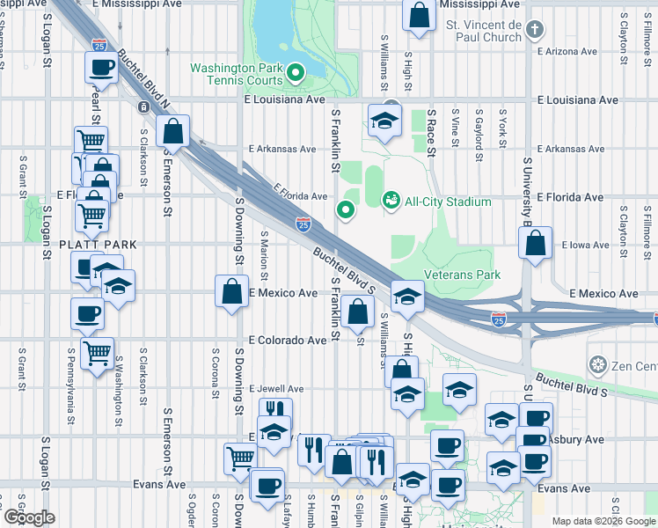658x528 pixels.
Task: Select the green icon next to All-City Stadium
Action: point(391,202)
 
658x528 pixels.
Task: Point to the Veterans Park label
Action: point(463,275)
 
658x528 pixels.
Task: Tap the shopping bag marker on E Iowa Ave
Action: point(535,242)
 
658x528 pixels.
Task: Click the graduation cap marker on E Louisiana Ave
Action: point(384,121)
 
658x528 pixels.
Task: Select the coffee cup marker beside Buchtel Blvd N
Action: point(101,67)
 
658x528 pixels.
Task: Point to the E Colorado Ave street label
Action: point(287,340)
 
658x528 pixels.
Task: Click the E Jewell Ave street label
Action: point(276,388)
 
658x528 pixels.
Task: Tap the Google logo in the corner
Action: point(29,517)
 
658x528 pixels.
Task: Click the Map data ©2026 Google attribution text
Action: point(603,521)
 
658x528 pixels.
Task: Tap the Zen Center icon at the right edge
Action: point(598,364)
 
